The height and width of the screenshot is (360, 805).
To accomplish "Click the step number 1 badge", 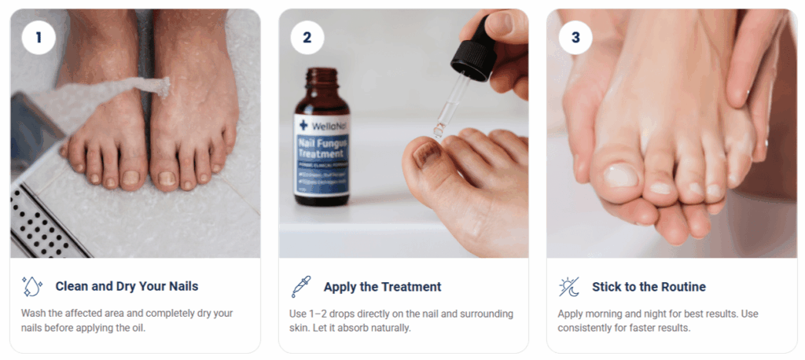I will pyautogui.click(x=38, y=37).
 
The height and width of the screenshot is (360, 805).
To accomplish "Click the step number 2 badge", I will pyautogui.click(x=307, y=37).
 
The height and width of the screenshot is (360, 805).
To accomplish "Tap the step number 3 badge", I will pyautogui.click(x=575, y=37).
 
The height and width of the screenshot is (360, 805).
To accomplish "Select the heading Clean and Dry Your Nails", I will pyautogui.click(x=127, y=287).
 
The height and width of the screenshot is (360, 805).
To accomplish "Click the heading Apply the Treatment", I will pyautogui.click(x=382, y=287).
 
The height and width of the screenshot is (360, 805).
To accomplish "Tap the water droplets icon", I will pyautogui.click(x=32, y=287).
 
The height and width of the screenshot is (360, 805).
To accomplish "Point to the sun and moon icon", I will pyautogui.click(x=568, y=287).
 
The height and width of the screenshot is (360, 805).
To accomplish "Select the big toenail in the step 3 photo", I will pyautogui.click(x=619, y=175).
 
